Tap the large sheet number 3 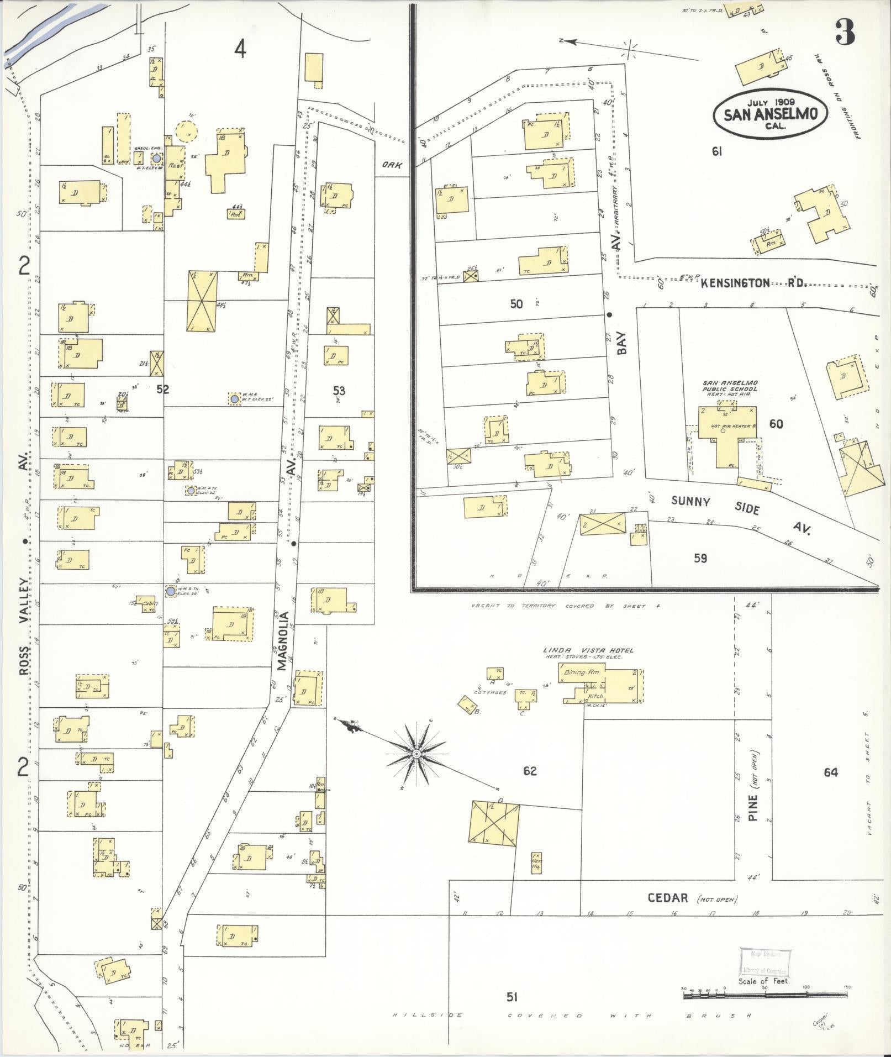coord(845,32)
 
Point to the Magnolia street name coord(283,640)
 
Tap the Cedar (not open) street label coord(691,898)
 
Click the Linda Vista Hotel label coord(588,650)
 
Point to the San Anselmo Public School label coord(730,386)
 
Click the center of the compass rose coord(416,754)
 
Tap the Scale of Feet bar coord(765,995)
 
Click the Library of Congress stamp coord(765,962)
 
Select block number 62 coord(529,771)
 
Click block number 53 coord(339,391)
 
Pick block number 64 coord(830,772)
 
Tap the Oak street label coord(392,165)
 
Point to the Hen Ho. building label coord(536,864)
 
